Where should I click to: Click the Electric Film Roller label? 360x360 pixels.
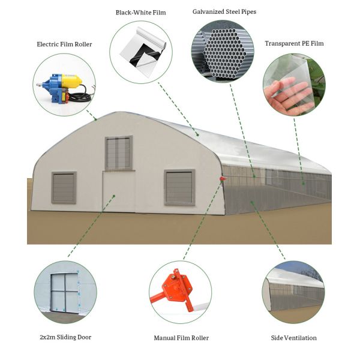(64, 44)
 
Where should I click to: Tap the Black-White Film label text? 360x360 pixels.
(141, 12)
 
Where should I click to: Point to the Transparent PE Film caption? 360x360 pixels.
(294, 44)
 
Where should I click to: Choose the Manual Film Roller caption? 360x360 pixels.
(181, 338)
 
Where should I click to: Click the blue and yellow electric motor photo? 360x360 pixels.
(64, 85)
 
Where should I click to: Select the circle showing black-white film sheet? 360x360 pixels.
(141, 52)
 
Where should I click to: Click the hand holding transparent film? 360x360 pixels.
(294, 85)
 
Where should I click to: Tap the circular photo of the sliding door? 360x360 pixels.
(65, 292)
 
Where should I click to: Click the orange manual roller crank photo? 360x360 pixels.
(180, 292)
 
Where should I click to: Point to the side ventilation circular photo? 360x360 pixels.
(293, 292)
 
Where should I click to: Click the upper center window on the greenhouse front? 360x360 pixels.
(119, 152)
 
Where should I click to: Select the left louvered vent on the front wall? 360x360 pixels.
(64, 188)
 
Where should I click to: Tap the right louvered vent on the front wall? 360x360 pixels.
(179, 187)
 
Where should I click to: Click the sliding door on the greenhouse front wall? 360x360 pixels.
(118, 191)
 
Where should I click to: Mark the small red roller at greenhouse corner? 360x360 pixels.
(223, 178)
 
